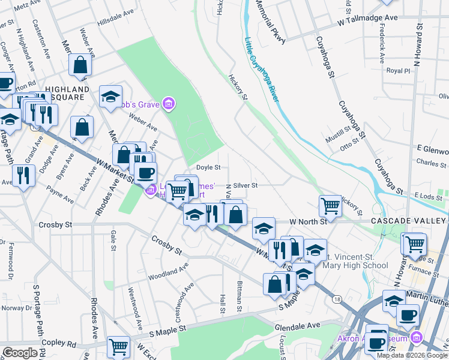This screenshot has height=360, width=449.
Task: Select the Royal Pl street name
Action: (x=397, y=71)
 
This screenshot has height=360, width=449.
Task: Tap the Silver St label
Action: (x=246, y=186)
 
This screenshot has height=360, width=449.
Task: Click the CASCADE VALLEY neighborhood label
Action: (x=409, y=221)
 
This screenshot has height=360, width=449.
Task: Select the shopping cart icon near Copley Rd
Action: (x=118, y=346)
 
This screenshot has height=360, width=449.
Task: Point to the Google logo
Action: (x=20, y=353)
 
